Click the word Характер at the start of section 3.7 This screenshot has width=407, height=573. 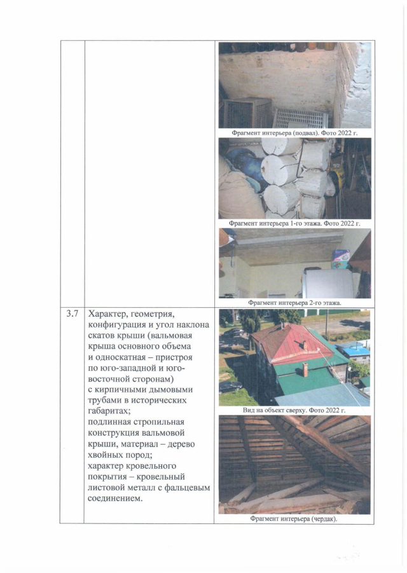point(112,314)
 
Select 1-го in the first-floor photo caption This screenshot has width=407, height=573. point(307,224)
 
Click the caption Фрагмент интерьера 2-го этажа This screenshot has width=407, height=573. point(294,303)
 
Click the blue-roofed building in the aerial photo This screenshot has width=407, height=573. point(354,350)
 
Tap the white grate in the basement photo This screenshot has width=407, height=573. point(300,118)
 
